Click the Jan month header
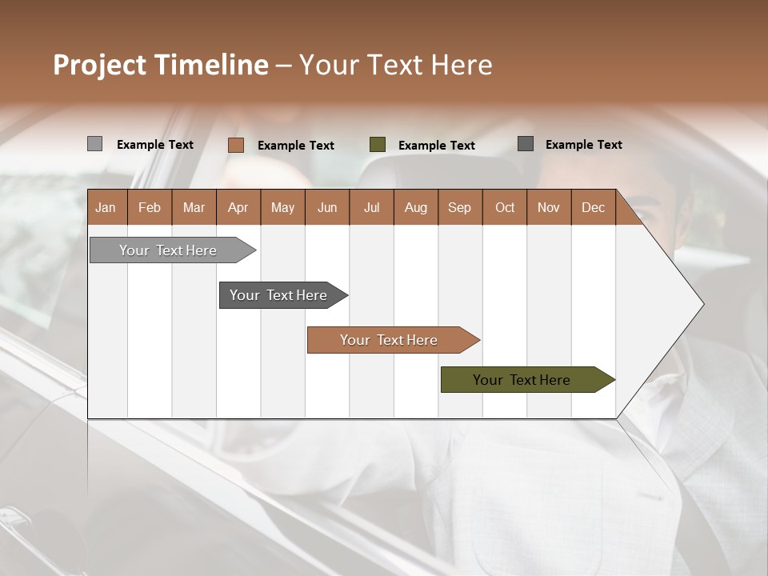pos(106,207)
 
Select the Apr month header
pos(238,207)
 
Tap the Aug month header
pos(415,207)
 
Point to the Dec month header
pos(593,207)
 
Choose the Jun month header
pos(326,207)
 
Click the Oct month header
pos(504,207)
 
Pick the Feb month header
pos(149,207)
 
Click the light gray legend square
pos(94,144)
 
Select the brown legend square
pos(235,145)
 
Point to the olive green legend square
pos(377,144)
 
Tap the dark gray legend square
pos(525,143)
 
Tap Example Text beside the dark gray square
pos(583,144)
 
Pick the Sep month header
pos(459,207)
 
